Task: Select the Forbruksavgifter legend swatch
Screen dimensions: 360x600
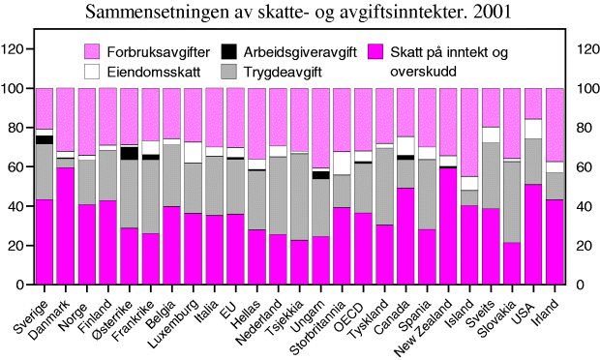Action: [92, 51]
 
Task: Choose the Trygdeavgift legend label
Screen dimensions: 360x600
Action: [284, 71]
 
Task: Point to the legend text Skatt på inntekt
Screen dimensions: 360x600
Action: [448, 52]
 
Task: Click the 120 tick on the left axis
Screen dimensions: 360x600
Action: [18, 48]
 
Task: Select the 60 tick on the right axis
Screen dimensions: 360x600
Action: [584, 166]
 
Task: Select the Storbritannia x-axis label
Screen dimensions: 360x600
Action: [319, 323]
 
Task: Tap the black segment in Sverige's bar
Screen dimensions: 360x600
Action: [45, 139]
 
